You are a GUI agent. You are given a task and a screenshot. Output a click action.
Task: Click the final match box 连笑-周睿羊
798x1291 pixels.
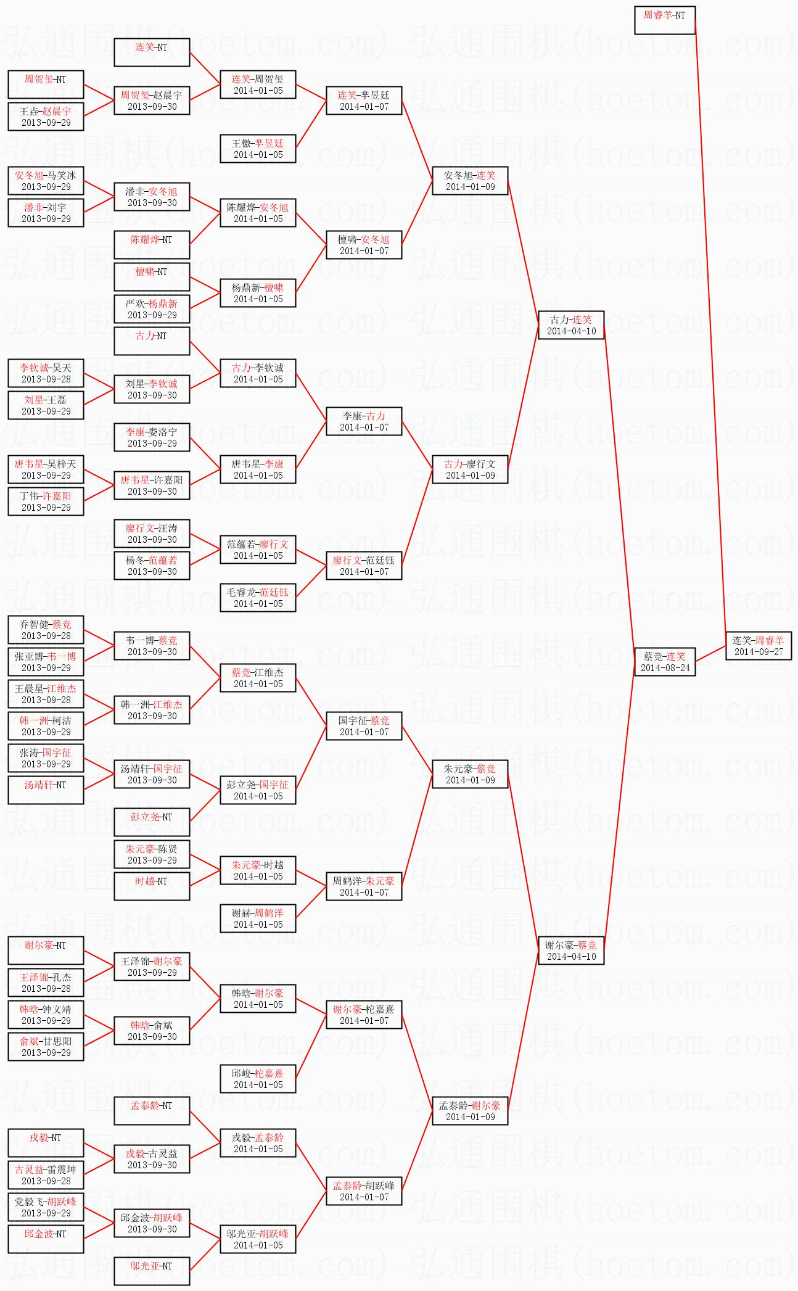tap(758, 646)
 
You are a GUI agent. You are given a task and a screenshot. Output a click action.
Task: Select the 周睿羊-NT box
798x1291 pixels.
tap(665, 20)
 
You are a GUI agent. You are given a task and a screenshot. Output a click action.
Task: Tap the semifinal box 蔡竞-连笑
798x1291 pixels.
tap(665, 662)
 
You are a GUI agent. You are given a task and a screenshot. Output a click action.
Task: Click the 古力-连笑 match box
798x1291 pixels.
tap(571, 325)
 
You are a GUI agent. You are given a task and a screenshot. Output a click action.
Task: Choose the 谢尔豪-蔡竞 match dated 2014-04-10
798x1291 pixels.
tap(571, 951)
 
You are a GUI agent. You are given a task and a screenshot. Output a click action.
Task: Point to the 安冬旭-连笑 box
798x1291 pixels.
tap(470, 181)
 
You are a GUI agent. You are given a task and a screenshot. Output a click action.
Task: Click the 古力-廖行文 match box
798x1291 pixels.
tap(470, 469)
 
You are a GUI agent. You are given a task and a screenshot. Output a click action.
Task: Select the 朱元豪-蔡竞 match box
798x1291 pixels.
tap(470, 774)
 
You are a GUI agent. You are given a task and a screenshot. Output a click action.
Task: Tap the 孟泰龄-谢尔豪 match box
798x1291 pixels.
tap(470, 1111)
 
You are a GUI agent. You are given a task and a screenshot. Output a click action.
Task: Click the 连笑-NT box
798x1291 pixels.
tap(152, 52)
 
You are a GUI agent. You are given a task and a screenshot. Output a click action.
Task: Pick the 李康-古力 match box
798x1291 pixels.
tap(364, 421)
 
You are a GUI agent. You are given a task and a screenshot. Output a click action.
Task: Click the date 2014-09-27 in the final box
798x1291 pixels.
tap(759, 652)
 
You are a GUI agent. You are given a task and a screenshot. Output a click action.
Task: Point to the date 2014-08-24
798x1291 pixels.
tap(665, 668)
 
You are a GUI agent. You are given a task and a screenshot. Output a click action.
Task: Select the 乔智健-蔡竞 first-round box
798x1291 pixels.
tap(46, 630)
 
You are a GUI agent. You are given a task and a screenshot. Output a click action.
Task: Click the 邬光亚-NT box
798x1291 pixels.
tap(152, 1271)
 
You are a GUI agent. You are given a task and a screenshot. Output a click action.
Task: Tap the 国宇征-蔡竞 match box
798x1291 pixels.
tap(364, 726)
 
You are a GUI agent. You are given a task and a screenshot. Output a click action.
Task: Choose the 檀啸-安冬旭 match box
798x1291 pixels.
tap(364, 245)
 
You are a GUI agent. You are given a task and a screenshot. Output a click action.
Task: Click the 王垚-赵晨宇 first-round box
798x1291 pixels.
tap(46, 117)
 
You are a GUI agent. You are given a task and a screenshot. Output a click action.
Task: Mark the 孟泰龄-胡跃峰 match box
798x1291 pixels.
tap(364, 1191)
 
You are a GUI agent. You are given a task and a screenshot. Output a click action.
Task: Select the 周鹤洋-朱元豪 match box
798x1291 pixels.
tap(364, 886)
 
